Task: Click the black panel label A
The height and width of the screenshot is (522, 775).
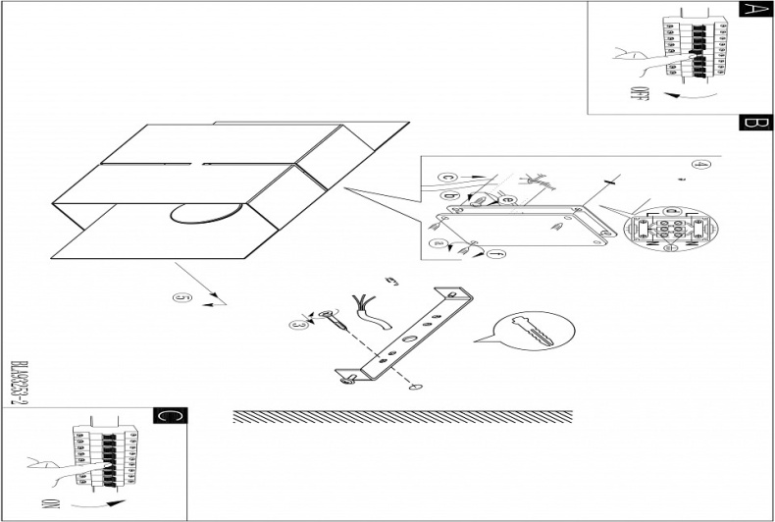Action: [751, 10]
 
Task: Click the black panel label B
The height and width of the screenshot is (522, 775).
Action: [751, 124]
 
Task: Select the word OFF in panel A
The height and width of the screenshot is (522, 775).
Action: [639, 96]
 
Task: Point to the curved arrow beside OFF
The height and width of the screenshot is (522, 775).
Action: [687, 97]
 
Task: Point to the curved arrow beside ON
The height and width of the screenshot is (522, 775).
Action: [108, 503]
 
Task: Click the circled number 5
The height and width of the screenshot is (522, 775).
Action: [179, 297]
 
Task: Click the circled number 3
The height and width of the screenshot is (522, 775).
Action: [299, 323]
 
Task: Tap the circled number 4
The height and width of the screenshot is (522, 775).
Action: [700, 164]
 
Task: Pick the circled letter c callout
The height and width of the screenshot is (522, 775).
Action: [447, 177]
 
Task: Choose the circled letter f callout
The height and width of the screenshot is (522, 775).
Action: [496, 254]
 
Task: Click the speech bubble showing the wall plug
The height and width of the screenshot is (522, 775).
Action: [535, 332]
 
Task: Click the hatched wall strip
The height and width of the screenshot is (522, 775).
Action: [402, 416]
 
